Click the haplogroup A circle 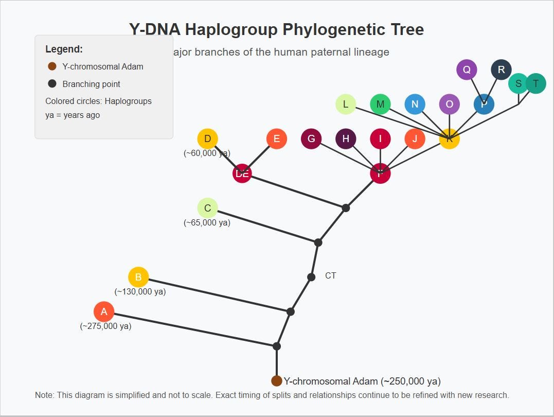click(x=104, y=311)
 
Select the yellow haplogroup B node click(x=138, y=277)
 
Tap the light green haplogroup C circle click(x=207, y=208)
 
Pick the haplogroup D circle click(x=207, y=138)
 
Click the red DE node click(x=242, y=173)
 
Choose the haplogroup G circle click(x=311, y=138)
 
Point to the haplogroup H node click(x=346, y=138)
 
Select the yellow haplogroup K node click(x=449, y=139)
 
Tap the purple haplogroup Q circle click(x=467, y=69)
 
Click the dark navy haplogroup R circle click(x=501, y=69)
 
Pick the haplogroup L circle click(x=346, y=104)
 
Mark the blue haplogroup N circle click(x=415, y=104)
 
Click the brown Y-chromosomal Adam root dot click(x=277, y=381)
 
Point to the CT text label click(x=331, y=276)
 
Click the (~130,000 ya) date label click(x=140, y=291)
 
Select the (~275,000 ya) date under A click(x=105, y=326)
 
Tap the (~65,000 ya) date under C click(x=207, y=222)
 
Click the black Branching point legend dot click(x=52, y=83)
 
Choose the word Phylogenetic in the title click(x=275, y=29)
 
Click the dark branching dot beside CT click(x=311, y=277)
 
